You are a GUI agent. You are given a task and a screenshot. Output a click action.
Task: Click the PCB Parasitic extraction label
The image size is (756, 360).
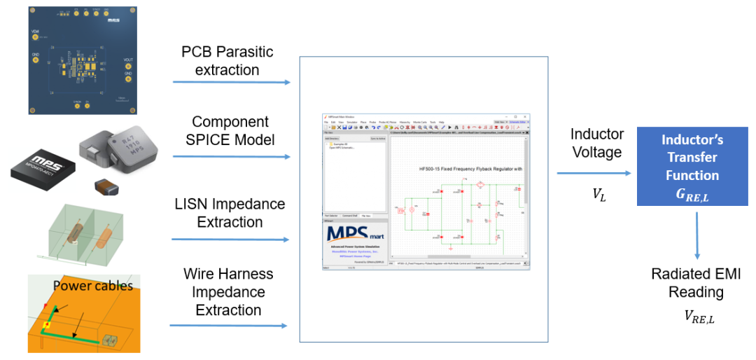click(x=227, y=60)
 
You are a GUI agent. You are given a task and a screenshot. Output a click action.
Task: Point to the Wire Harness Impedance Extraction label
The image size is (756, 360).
click(x=228, y=291)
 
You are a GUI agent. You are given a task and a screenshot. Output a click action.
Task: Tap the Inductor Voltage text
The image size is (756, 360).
click(x=596, y=142)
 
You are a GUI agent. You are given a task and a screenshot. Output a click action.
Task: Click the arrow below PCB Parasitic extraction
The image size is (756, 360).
click(x=231, y=83)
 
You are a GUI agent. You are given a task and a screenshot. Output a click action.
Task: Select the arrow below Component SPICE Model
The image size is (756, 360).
click(x=231, y=156)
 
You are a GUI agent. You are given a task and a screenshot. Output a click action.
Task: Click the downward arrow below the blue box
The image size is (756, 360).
click(x=697, y=235)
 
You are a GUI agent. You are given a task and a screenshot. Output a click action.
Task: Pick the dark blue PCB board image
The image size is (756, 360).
click(x=82, y=59)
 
